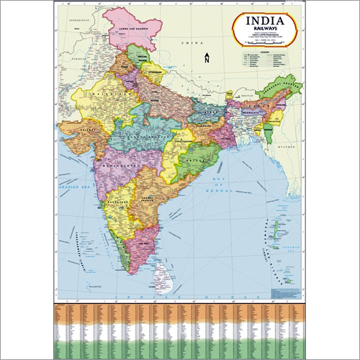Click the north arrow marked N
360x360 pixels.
(x=207, y=58)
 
